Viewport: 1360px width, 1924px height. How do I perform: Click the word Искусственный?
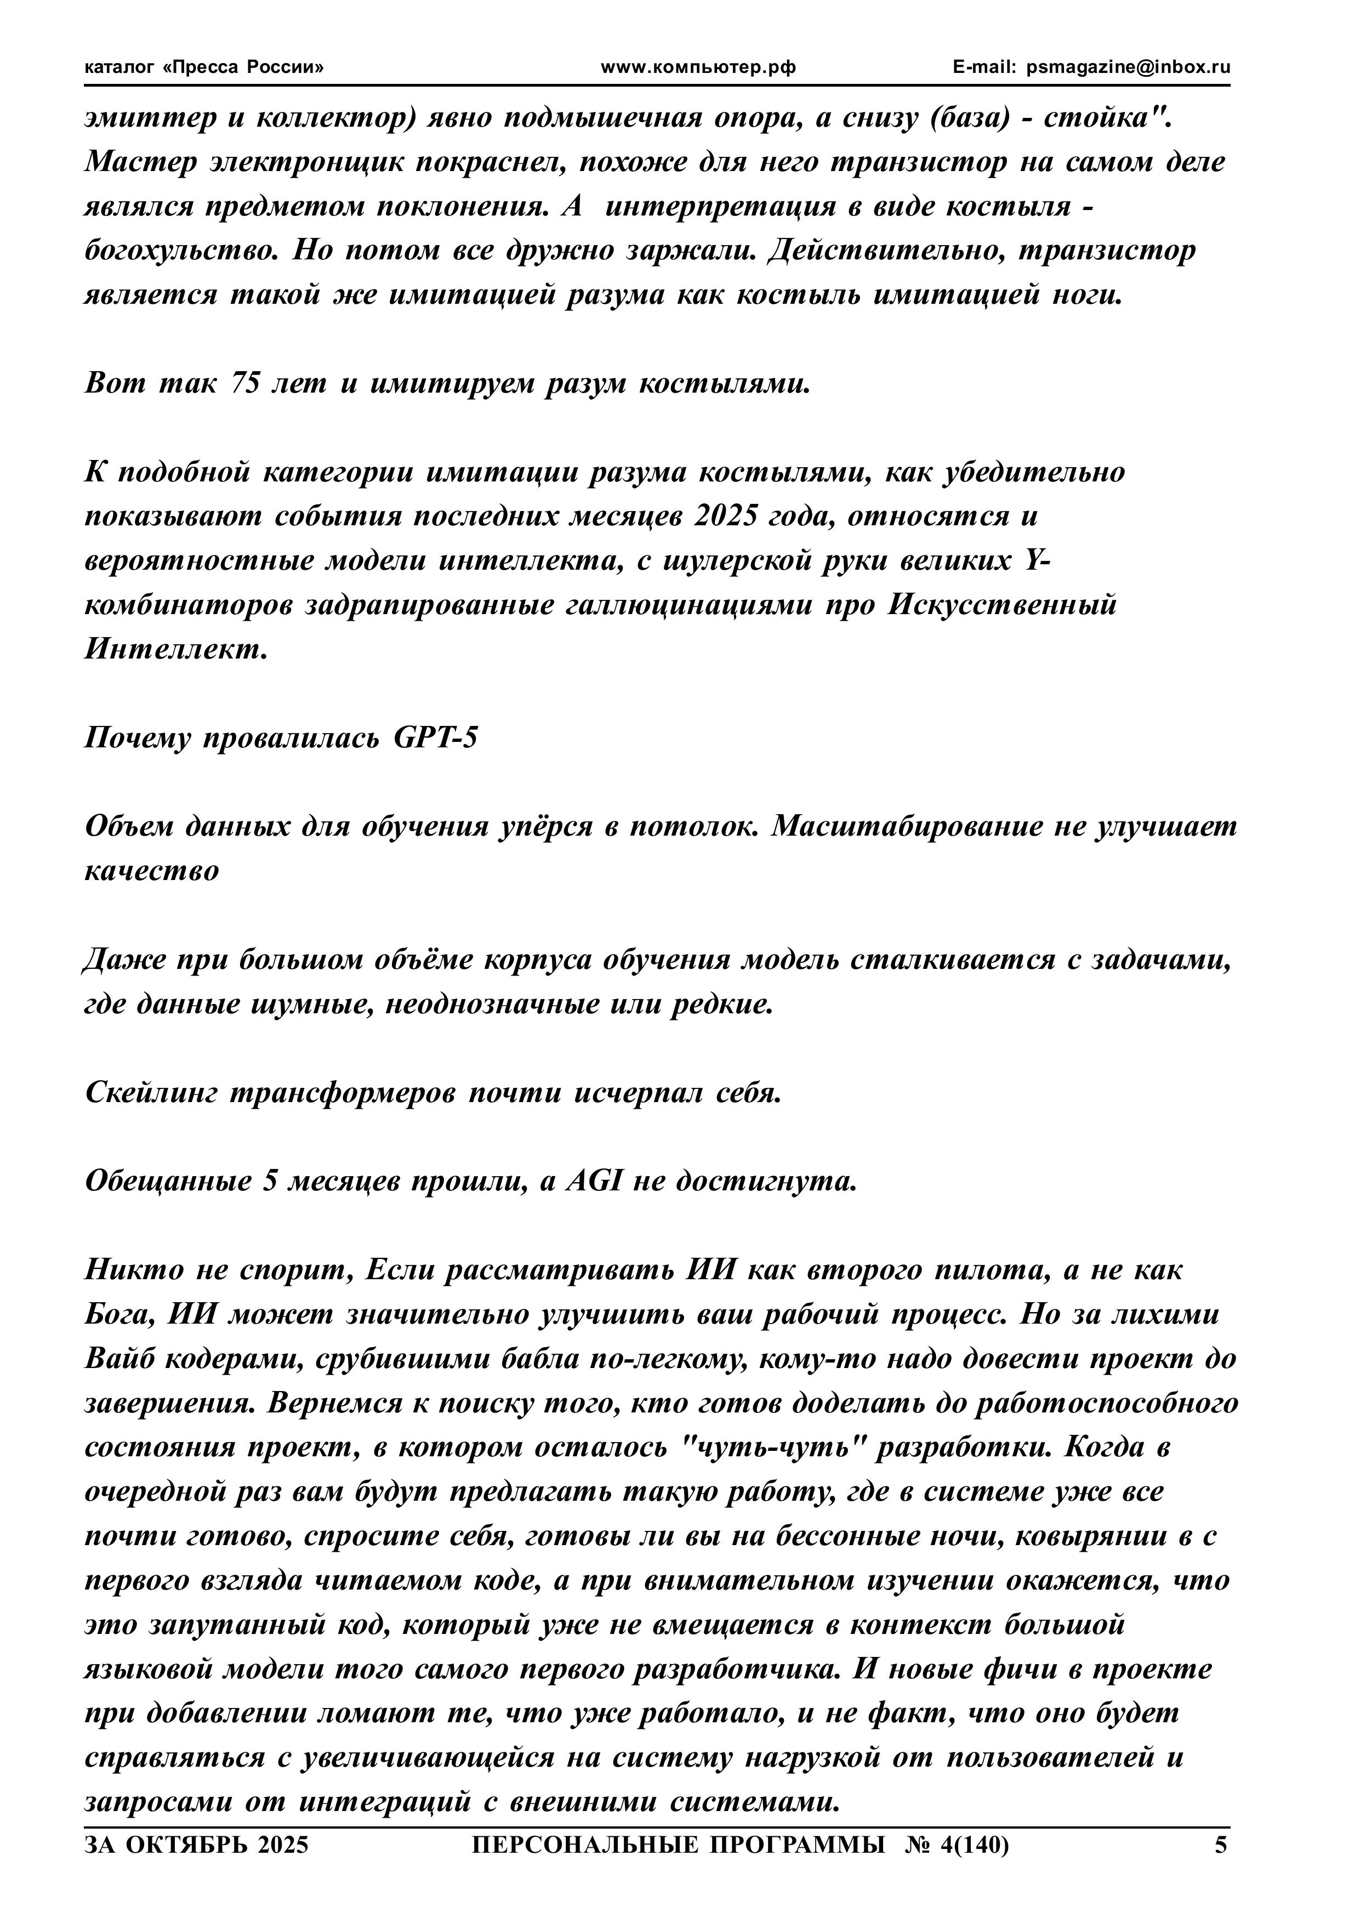point(1002,605)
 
